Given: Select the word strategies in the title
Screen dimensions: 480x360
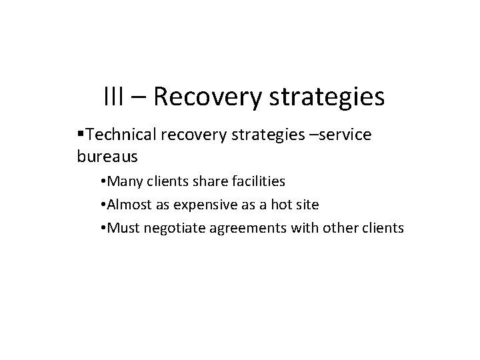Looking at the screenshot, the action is pos(328,97).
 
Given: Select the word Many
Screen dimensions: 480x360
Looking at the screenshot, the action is pos(123,181).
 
